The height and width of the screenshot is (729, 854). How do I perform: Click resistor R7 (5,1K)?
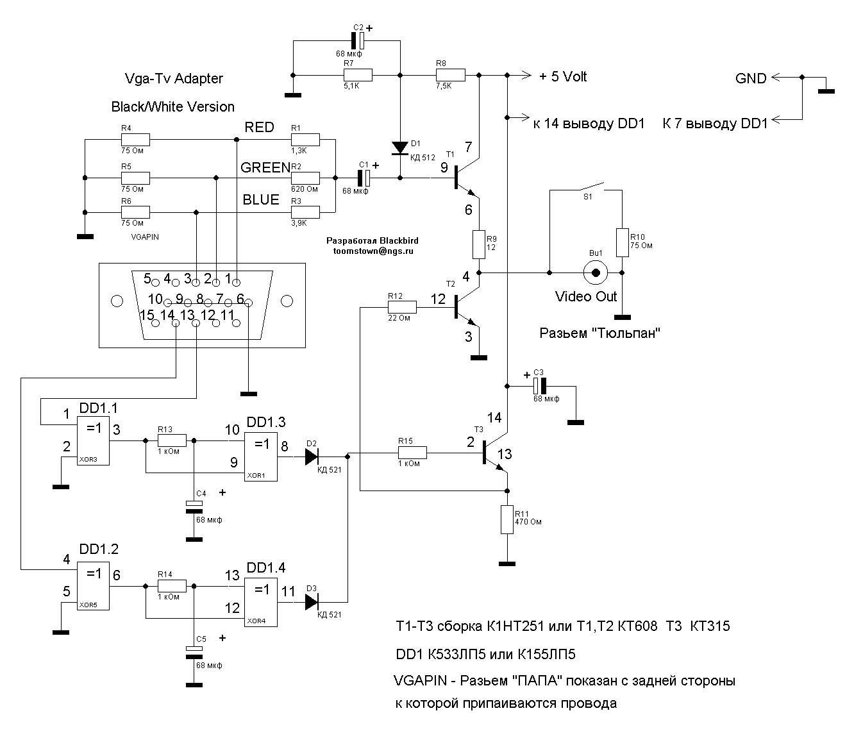pyautogui.click(x=358, y=75)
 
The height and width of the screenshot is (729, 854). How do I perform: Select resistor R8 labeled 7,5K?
pyautogui.click(x=451, y=75)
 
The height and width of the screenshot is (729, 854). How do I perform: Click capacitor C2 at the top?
pyautogui.click(x=358, y=41)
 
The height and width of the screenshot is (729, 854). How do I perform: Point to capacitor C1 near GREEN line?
pyautogui.click(x=364, y=178)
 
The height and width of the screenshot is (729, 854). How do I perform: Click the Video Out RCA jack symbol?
pyautogui.click(x=596, y=272)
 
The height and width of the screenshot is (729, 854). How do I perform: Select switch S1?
pyautogui.click(x=586, y=187)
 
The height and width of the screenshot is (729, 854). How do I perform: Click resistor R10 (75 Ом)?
pyautogui.click(x=622, y=242)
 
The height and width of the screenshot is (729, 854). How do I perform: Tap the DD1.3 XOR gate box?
pyautogui.click(x=261, y=457)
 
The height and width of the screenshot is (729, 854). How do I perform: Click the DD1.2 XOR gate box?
pyautogui.click(x=94, y=585)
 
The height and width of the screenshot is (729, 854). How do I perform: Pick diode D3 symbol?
pyautogui.click(x=312, y=602)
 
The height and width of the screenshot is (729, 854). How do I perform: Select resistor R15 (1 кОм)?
pyautogui.click(x=412, y=453)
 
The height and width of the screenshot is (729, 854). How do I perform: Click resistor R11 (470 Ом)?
pyautogui.click(x=507, y=519)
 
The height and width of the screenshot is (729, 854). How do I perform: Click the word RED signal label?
pyautogui.click(x=260, y=128)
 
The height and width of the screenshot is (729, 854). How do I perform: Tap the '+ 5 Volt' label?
pyautogui.click(x=563, y=77)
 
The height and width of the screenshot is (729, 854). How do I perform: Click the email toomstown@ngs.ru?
pyautogui.click(x=373, y=251)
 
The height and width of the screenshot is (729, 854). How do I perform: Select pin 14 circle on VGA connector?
pyautogui.click(x=176, y=324)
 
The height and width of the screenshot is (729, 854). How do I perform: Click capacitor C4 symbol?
pyautogui.click(x=194, y=507)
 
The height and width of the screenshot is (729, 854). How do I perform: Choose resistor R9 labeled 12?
pyautogui.click(x=479, y=245)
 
